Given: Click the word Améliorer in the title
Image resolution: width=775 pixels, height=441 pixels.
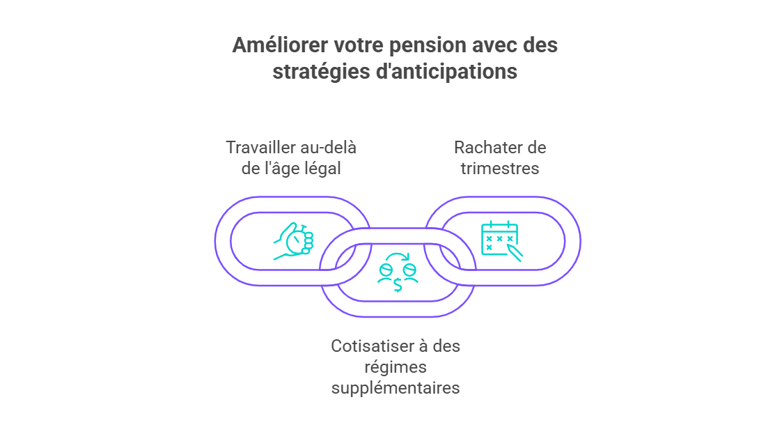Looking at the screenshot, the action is [x=280, y=45].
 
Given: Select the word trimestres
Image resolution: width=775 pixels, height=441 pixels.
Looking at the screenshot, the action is [x=500, y=169].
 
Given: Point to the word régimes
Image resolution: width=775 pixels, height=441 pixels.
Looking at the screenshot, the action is [x=396, y=367].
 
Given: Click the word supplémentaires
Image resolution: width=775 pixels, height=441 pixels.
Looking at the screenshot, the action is [x=396, y=388].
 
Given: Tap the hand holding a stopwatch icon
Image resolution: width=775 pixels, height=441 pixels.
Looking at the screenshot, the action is [x=294, y=241].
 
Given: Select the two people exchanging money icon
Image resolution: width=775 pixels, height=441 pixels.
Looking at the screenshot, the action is [x=398, y=272].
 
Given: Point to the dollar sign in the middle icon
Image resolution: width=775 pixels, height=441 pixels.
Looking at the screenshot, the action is [x=398, y=285].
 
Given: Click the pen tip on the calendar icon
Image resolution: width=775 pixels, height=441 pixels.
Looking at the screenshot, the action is [x=520, y=258].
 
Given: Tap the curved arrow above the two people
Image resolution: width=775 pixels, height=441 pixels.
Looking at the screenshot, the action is [x=398, y=256].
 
